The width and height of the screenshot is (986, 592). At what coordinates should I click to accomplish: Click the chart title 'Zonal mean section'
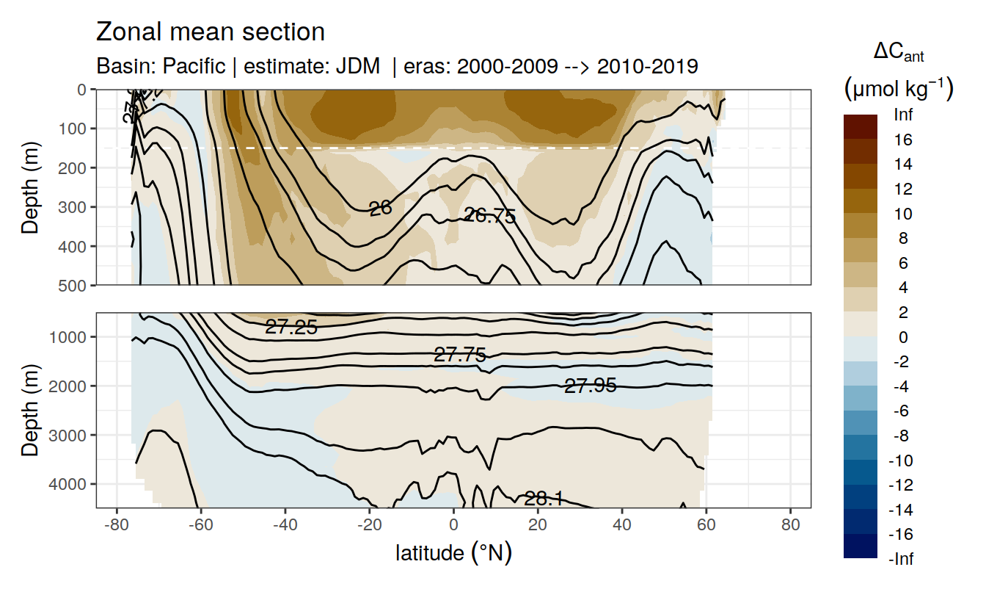tap(210, 32)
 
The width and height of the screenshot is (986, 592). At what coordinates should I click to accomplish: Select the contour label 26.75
tap(490, 216)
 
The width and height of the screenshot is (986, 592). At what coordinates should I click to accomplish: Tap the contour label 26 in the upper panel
tap(380, 209)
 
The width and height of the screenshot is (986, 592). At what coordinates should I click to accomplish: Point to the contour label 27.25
tap(291, 328)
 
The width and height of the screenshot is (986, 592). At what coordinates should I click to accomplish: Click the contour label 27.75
tap(460, 355)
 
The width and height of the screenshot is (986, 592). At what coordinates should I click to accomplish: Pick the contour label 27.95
tap(590, 385)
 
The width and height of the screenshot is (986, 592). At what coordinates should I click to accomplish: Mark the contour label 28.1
tap(544, 499)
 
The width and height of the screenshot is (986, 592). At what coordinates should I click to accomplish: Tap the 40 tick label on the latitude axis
tap(622, 526)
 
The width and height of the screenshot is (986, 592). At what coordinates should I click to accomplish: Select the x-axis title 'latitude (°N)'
tap(453, 552)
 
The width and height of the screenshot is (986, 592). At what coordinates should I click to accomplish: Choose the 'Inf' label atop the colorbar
tap(902, 115)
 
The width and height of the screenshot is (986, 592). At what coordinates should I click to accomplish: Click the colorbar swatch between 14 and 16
tap(861, 152)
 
